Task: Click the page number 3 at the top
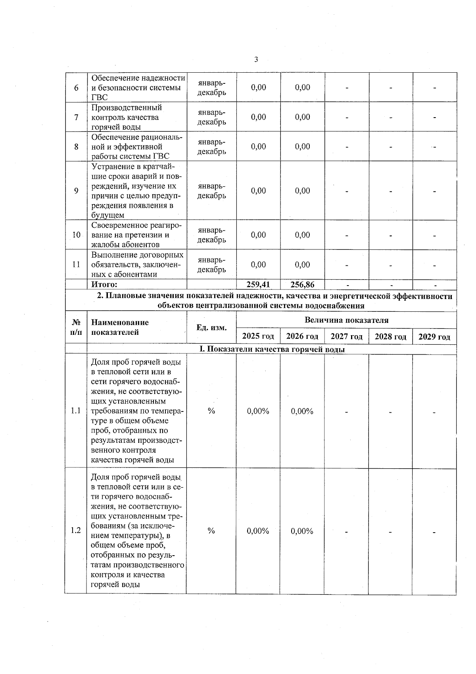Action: pos(256,60)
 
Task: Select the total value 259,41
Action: pos(258,284)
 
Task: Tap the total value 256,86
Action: pos(302,284)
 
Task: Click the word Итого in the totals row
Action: pos(104,284)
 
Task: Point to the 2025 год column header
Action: pos(258,336)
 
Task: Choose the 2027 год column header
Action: pos(347,336)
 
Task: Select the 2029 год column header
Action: pos(434,337)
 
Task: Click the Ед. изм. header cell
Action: pos(211,328)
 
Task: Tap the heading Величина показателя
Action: pos(346,320)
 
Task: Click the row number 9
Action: pos(76,191)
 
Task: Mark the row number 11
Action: pos(76,265)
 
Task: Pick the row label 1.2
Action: pos(76,531)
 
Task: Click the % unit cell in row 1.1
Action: pos(211,411)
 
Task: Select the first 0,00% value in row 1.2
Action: pos(258,531)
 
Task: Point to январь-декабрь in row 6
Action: pos(212,88)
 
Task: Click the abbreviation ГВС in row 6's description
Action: pos(100,98)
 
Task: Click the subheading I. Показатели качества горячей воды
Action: pos(272,350)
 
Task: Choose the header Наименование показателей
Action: pos(120,327)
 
